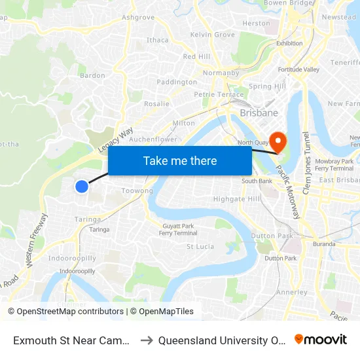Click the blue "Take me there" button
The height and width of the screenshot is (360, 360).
pyautogui.click(x=180, y=160)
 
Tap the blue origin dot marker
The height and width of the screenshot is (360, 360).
pyautogui.click(x=82, y=187)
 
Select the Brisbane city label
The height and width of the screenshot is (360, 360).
pyautogui.click(x=259, y=113)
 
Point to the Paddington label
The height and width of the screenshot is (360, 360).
pyautogui.click(x=177, y=82)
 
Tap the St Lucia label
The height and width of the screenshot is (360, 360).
pyautogui.click(x=200, y=247)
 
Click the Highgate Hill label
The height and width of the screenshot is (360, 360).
pyautogui.click(x=236, y=199)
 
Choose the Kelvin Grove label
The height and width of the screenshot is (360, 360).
pyautogui.click(x=212, y=34)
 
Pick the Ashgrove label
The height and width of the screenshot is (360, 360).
pyautogui.click(x=138, y=17)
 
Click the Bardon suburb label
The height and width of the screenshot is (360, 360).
pyautogui.click(x=92, y=75)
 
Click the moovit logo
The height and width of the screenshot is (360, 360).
pyautogui.click(x=321, y=339)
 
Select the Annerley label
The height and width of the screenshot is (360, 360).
pyautogui.click(x=293, y=292)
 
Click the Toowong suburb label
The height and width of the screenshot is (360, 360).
pyautogui.click(x=137, y=191)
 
